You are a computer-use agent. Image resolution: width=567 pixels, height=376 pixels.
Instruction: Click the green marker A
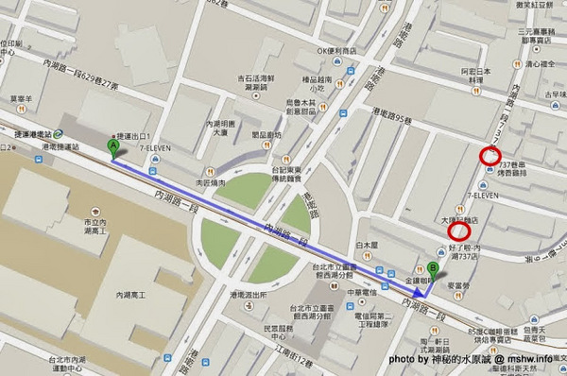pyautogui.click(x=113, y=147)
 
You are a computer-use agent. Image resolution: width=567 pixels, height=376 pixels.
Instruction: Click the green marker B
pyautogui.click(x=432, y=267)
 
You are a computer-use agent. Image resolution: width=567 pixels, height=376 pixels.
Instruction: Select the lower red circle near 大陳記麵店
pyautogui.click(x=461, y=231)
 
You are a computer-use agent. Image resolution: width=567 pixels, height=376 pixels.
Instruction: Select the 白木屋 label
pyautogui.click(x=368, y=245)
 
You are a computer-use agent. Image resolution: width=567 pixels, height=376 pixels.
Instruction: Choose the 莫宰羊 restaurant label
pyautogui.click(x=21, y=96)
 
